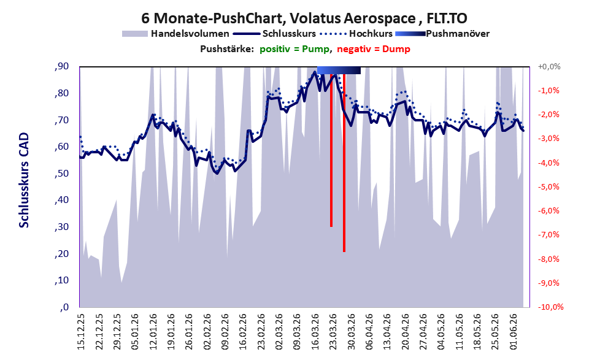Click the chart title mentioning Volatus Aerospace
tap(304, 18)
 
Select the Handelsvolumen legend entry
tap(175, 34)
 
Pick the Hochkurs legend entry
tap(356, 34)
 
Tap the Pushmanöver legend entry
tap(442, 34)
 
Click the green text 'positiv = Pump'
tap(295, 49)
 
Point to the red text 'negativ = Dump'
tap(374, 49)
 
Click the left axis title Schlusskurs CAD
tap(24, 180)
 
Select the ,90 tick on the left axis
tap(61, 66)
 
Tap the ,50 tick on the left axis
tap(61, 173)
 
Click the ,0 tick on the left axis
tap(64, 307)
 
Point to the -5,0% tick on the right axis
tap(548, 187)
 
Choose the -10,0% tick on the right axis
tap(550, 307)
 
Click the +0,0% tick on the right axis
tap(549, 67)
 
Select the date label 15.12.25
tap(81, 332)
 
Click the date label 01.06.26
tap(514, 332)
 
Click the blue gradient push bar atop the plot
tap(339, 70)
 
